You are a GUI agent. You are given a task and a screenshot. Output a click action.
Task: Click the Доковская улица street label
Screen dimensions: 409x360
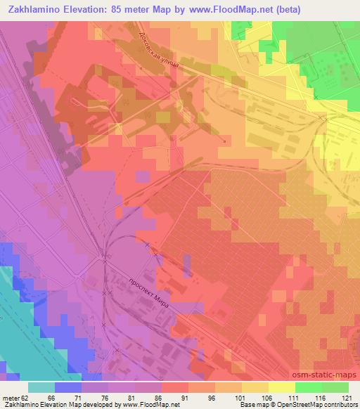pos(161,52)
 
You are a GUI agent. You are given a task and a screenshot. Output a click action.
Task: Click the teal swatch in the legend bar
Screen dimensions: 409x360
pos(41,387)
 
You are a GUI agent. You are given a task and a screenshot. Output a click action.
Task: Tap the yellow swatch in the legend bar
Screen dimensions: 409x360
pos(255,387)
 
